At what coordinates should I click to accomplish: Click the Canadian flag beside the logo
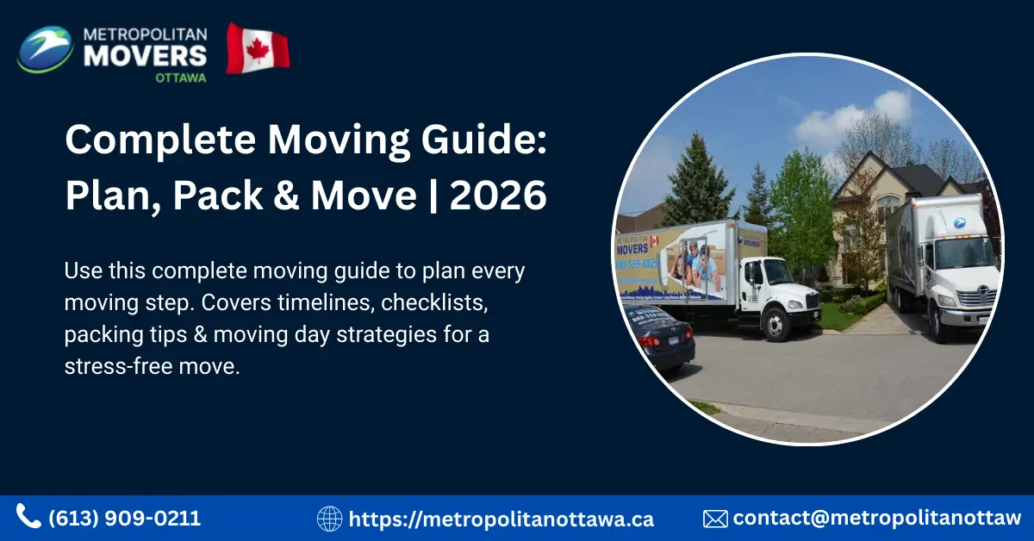258,48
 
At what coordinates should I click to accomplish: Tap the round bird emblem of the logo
46,49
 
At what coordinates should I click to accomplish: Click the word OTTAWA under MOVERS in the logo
180,76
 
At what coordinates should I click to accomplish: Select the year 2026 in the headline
498,196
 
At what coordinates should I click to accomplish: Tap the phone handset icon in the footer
28,517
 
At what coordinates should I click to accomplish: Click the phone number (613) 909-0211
125,519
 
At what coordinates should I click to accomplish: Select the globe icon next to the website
329,519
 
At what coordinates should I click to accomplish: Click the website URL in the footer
501,519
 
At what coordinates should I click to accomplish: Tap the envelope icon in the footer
715,519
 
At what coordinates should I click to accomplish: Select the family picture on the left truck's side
694,263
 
